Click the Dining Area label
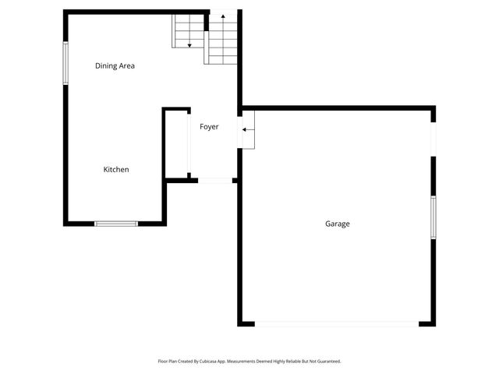tap(115, 66)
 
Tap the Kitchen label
tap(116, 170)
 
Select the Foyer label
tap(209, 126)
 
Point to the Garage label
tap(337, 224)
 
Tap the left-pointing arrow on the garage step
tap(246, 129)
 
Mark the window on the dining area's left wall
tap(65, 62)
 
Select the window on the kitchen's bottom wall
tap(115, 224)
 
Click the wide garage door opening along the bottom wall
tap(336, 323)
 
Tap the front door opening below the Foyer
tap(216, 181)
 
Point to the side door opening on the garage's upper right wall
tap(434, 140)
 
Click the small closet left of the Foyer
tap(176, 145)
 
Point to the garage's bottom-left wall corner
tap(241, 323)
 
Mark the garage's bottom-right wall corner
tap(432, 323)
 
